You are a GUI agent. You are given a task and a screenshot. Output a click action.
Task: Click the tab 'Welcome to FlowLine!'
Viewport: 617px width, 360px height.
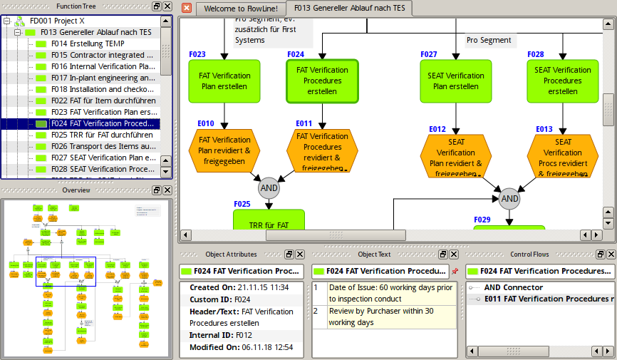240,9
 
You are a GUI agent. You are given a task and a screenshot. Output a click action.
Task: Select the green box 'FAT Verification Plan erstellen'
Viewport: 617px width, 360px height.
224,81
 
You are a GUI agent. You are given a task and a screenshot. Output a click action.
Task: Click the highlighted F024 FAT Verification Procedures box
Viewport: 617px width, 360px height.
322,81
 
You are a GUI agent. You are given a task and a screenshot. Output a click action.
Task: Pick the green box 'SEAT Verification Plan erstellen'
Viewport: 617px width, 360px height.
455,81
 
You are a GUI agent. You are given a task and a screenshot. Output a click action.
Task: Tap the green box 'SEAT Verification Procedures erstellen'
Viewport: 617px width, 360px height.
562,81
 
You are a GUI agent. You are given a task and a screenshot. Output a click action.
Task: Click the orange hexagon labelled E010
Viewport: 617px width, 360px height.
224,150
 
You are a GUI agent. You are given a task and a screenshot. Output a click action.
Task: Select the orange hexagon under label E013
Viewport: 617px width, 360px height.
562,156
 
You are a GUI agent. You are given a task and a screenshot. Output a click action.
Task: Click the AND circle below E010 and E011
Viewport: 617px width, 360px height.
269,189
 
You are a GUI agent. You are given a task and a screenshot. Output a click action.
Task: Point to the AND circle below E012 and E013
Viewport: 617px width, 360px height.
509,199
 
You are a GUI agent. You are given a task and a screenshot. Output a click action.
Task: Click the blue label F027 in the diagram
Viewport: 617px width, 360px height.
429,55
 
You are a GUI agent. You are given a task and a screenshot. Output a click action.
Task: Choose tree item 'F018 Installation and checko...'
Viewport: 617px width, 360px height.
105,89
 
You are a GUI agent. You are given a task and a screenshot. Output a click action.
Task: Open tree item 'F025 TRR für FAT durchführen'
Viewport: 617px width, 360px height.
101,135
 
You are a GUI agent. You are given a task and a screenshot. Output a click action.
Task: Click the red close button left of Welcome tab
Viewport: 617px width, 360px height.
187,8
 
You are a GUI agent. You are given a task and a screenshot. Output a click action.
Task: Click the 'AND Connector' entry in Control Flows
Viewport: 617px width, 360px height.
513,287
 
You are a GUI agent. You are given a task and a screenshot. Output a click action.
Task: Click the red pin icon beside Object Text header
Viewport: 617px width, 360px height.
455,271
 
